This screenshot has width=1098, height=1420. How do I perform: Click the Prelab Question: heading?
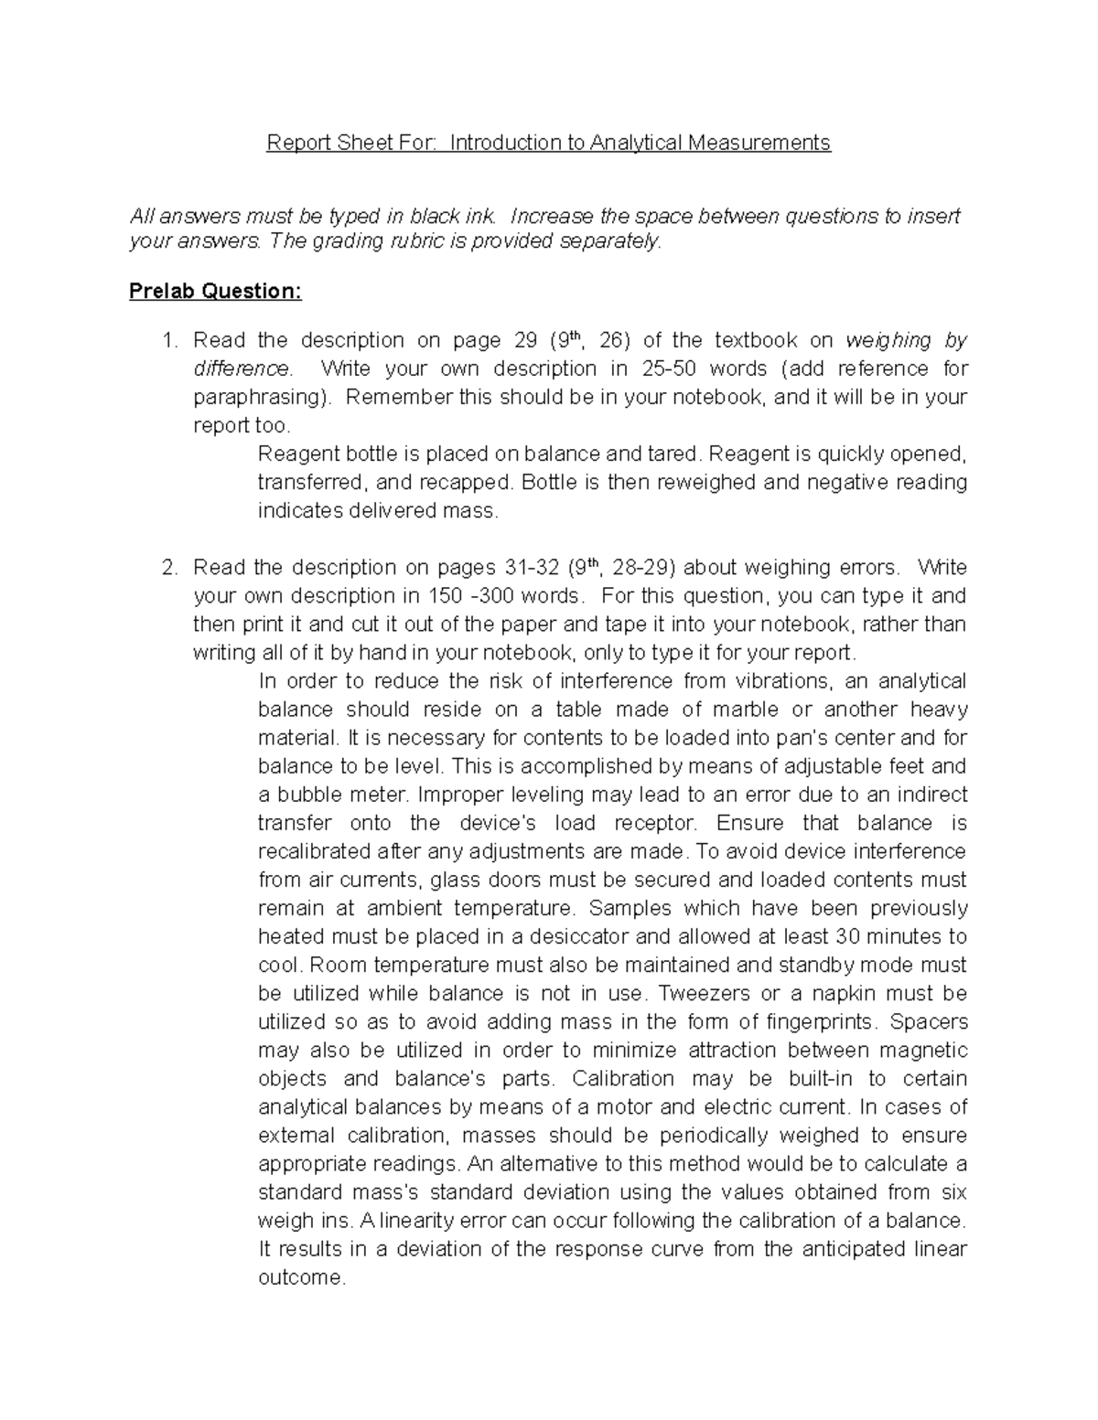pyautogui.click(x=215, y=292)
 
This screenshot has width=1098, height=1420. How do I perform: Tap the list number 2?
pyautogui.click(x=167, y=568)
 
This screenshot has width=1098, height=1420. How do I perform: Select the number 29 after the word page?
pyautogui.click(x=525, y=341)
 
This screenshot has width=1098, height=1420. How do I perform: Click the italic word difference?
pyautogui.click(x=241, y=369)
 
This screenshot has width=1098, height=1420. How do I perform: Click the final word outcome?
pyautogui.click(x=301, y=1277)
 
